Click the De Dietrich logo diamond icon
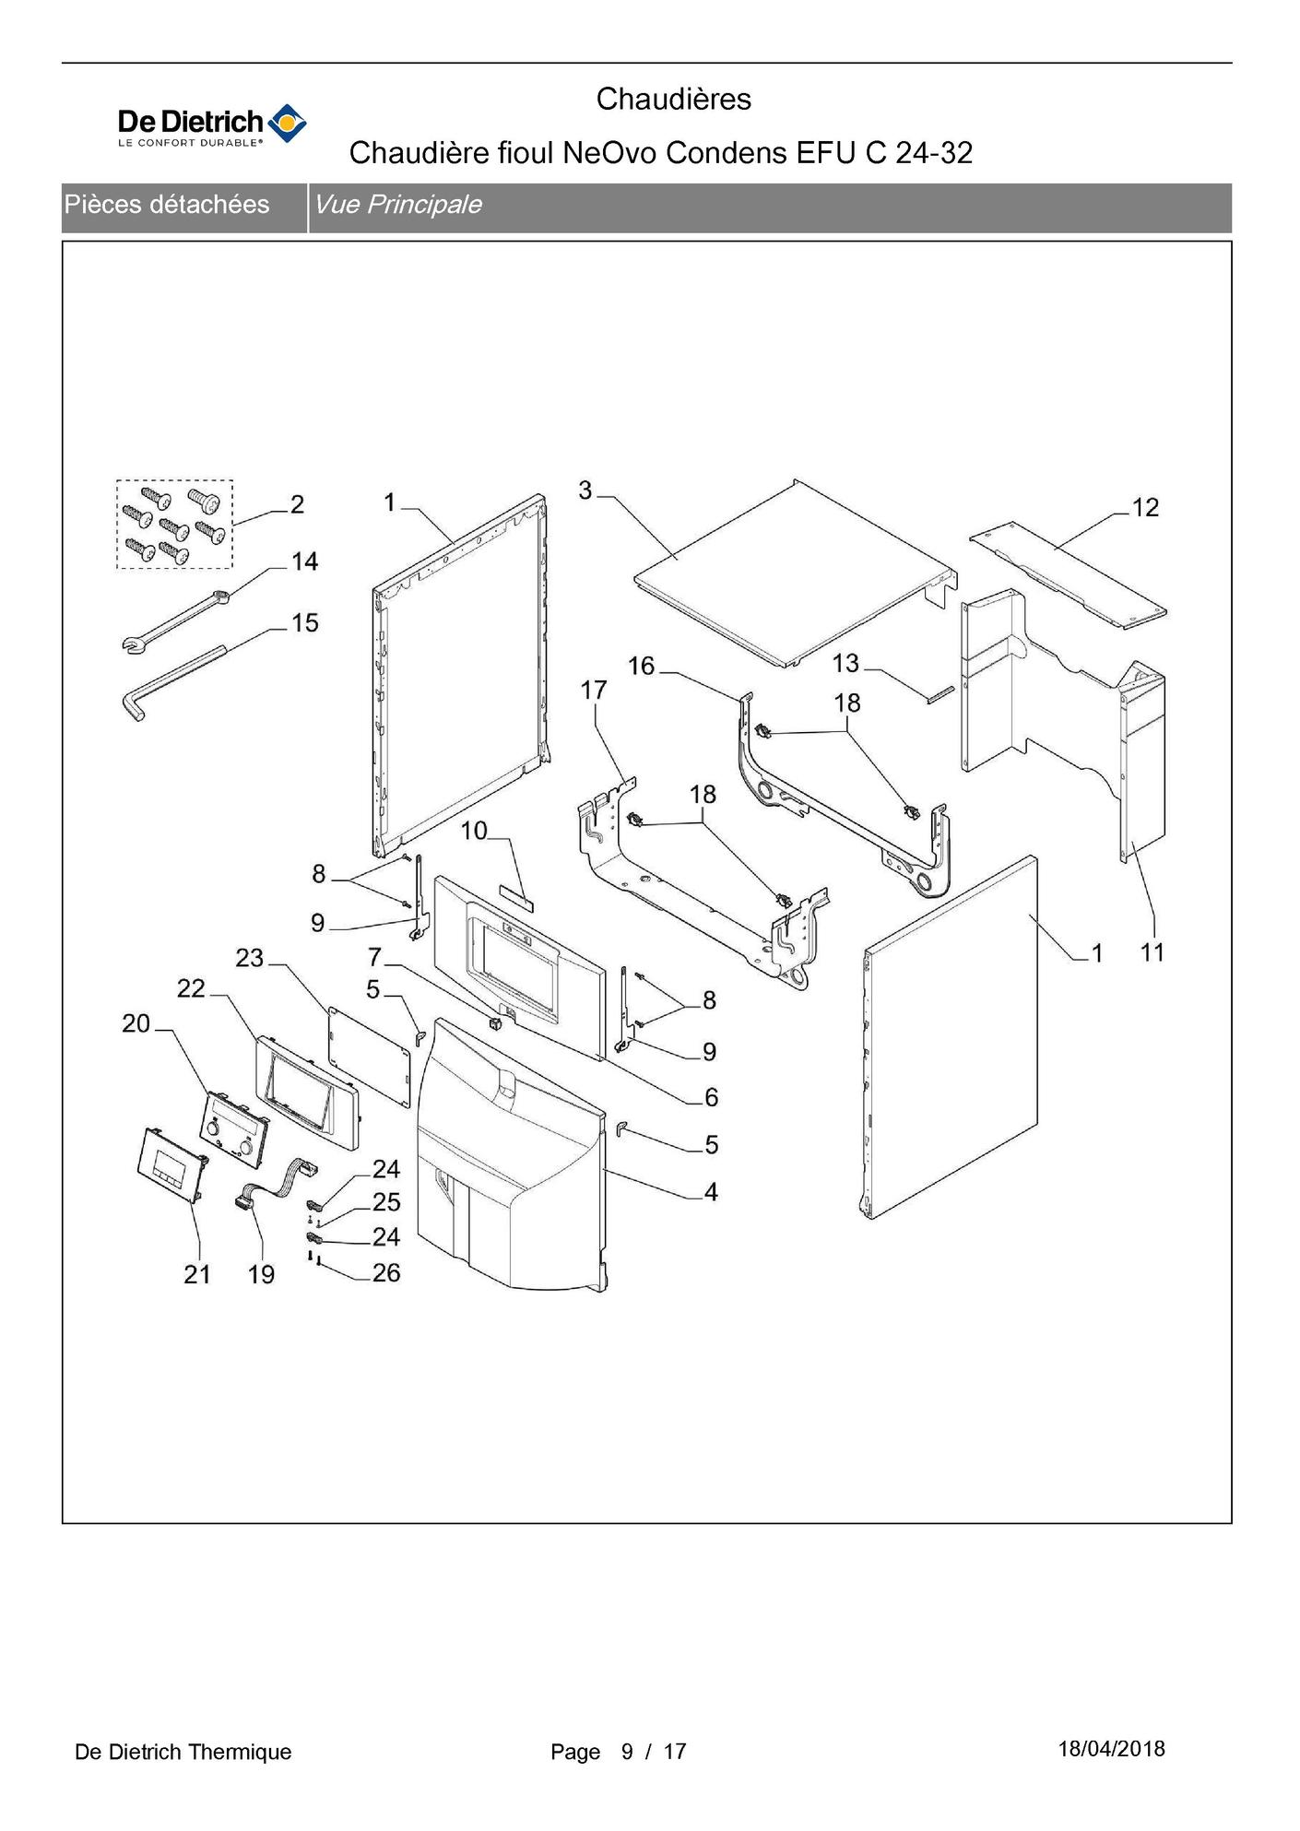tap(287, 124)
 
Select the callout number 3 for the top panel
tap(585, 490)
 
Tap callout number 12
tap(1145, 507)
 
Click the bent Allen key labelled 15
tap(175, 678)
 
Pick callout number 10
tap(474, 831)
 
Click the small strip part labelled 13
tap(941, 692)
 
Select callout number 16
tap(641, 666)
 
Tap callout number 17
tap(594, 690)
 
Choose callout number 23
tap(250, 958)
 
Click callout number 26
tap(386, 1272)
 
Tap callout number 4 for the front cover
tap(711, 1192)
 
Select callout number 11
tap(1152, 952)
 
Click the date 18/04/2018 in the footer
tap(1111, 1749)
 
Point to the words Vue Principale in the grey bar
tap(397, 205)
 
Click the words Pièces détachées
tap(167, 205)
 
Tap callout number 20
tap(136, 1023)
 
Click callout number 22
tap(191, 988)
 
